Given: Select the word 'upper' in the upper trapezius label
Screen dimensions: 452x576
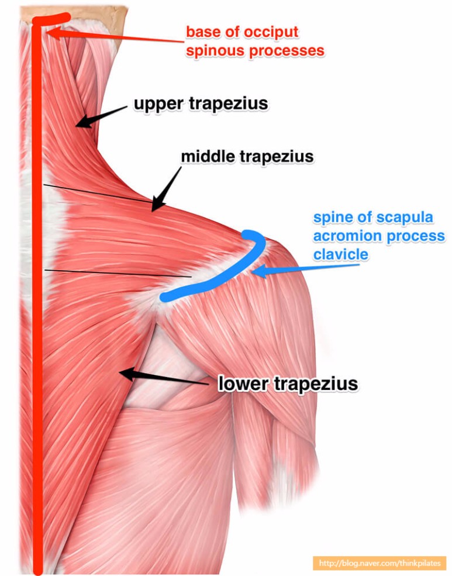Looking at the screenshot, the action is [158, 104].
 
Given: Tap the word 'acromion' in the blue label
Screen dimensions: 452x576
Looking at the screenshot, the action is [348, 236].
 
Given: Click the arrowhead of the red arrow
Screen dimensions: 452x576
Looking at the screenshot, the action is [53, 32].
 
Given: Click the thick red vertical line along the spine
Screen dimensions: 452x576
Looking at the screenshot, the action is [37, 294].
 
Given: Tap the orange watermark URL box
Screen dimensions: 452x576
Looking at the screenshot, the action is [379, 563].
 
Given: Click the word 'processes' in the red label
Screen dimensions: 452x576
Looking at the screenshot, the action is [287, 51].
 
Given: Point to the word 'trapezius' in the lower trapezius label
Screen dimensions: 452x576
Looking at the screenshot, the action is [316, 384].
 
